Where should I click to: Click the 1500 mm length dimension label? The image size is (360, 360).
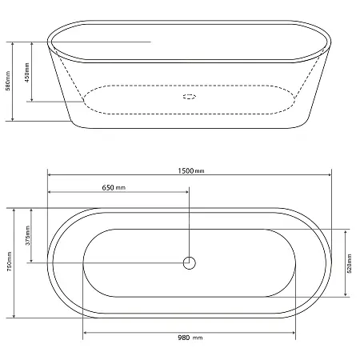191,170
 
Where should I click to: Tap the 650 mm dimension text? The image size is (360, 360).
114,188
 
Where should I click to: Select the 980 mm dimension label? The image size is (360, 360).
190,338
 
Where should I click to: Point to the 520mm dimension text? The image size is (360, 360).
350,263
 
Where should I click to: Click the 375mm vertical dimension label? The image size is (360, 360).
28,235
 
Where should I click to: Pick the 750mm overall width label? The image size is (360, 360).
10,262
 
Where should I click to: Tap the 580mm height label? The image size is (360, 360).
8,81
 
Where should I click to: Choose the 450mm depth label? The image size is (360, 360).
27,73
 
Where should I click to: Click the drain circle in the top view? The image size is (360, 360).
190,263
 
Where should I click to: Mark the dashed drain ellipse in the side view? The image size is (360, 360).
190,97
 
